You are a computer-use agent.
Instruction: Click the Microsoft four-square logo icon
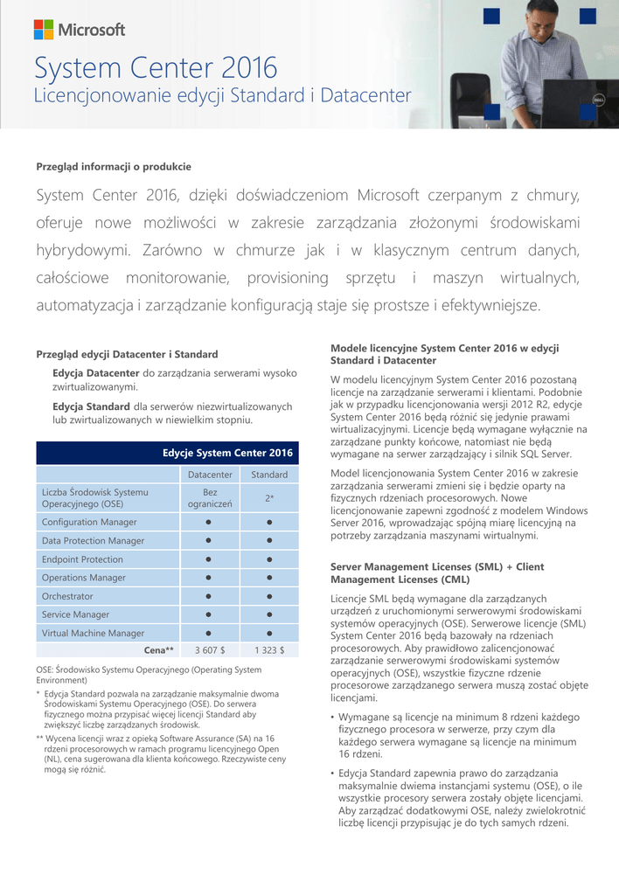43,30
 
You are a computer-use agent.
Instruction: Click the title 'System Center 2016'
156,67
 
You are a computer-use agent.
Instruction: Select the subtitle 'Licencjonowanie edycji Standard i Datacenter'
222,95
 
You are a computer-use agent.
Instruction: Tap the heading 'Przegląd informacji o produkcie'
114,166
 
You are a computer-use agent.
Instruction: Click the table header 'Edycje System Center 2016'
227,453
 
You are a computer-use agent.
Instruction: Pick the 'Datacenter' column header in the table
210,475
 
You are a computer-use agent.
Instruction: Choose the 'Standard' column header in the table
269,475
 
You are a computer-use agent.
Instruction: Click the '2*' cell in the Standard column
269,498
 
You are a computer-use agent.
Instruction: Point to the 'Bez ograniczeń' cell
210,498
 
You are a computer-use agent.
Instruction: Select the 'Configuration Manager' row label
89,522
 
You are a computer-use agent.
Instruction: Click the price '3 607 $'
210,650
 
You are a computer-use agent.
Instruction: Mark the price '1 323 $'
269,650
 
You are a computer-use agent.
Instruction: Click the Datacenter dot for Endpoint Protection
210,559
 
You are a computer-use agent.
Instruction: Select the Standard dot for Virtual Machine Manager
269,634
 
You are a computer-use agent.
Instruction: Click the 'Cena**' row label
158,650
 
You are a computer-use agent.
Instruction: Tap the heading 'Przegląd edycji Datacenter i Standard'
127,354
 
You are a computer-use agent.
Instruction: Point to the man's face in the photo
542,19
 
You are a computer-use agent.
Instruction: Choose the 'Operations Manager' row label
84,578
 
